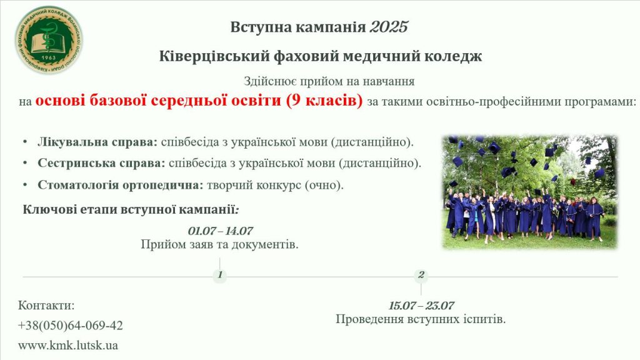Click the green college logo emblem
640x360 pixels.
pos(49,40)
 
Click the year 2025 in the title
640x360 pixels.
pos(389,27)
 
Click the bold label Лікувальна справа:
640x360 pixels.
pos(97,142)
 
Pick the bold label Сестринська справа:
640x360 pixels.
pos(101,163)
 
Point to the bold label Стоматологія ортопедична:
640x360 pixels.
pos(121,185)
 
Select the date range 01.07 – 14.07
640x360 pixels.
pos(221,231)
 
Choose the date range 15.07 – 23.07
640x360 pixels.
pos(421,305)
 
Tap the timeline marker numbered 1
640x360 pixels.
pos(219,275)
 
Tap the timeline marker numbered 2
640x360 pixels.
pos(421,275)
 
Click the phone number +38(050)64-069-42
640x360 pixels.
pos(70,325)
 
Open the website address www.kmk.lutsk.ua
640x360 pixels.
pos(67,345)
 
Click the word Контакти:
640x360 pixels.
pos(46,305)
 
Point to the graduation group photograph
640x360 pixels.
pos(530,192)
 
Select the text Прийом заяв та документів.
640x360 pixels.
pos(219,244)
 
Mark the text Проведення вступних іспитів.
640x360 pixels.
pos(421,319)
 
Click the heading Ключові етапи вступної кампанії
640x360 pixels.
pos(130,210)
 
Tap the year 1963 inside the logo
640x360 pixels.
pos(49,57)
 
